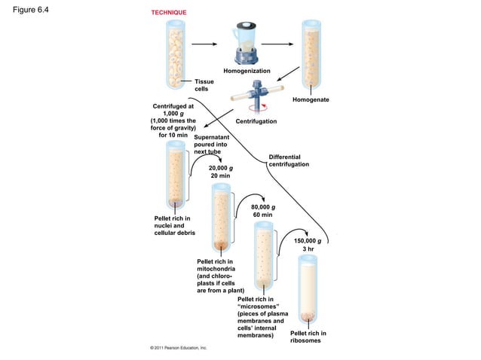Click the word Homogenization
(247, 71)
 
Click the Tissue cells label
(204, 85)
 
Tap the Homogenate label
(311, 100)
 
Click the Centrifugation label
(256, 121)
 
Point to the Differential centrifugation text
(289, 160)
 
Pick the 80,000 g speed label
(262, 211)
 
